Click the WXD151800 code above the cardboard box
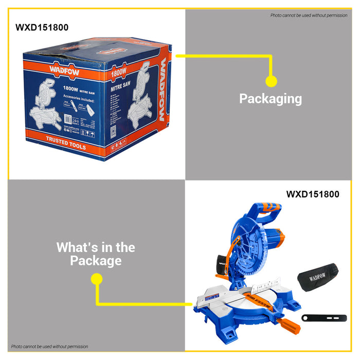pyautogui.click(x=42, y=27)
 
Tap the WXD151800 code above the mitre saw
pyautogui.click(x=313, y=194)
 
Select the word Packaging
pyautogui.click(x=271, y=98)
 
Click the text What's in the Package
pyautogui.click(x=96, y=254)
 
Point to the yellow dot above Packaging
pyautogui.click(x=271, y=81)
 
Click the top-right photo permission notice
pyautogui.click(x=309, y=15)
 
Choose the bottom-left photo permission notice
pyautogui.click(x=49, y=347)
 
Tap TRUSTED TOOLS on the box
pyautogui.click(x=66, y=142)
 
